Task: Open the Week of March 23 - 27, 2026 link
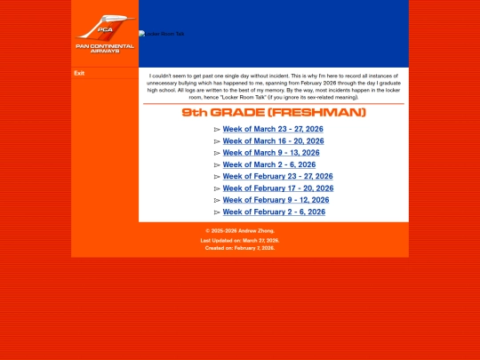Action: pyautogui.click(x=273, y=130)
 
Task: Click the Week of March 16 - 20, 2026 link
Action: pyautogui.click(x=273, y=141)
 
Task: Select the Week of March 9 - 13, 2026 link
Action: pyautogui.click(x=270, y=153)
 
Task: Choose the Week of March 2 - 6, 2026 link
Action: pyautogui.click(x=268, y=164)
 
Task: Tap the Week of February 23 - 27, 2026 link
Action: pyautogui.click(x=277, y=177)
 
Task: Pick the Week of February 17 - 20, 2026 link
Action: pyautogui.click(x=277, y=188)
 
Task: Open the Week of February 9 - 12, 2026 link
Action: pyautogui.click(x=275, y=200)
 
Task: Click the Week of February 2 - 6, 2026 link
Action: pyautogui.click(x=273, y=212)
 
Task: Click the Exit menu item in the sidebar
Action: pyautogui.click(x=79, y=74)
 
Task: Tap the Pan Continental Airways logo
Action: pyautogui.click(x=105, y=34)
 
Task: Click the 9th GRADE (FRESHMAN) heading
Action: pyautogui.click(x=274, y=113)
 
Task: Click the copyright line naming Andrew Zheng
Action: pyautogui.click(x=240, y=231)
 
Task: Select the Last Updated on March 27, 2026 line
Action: pyautogui.click(x=240, y=240)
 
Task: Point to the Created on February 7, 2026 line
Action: pyautogui.click(x=240, y=248)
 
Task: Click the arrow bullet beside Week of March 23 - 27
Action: pyautogui.click(x=217, y=130)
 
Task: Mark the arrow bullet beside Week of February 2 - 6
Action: pyautogui.click(x=217, y=212)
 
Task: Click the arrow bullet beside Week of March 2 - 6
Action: pyautogui.click(x=217, y=165)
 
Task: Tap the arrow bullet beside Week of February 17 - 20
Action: pyautogui.click(x=217, y=188)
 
